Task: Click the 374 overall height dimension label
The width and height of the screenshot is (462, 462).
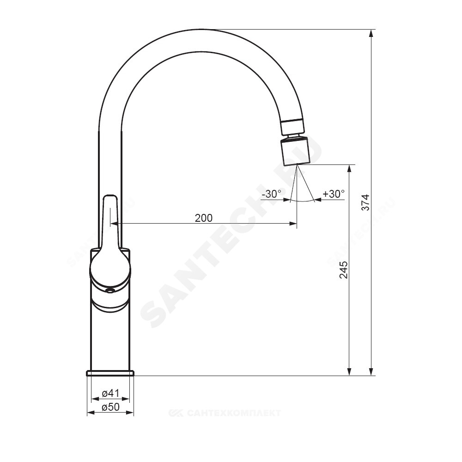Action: (x=365, y=202)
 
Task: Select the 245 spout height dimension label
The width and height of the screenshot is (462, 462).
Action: (x=344, y=270)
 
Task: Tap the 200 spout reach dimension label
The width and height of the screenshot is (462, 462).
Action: (x=204, y=218)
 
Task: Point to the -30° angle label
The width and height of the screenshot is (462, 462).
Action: (x=272, y=194)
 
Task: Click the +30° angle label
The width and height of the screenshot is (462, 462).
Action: (x=334, y=194)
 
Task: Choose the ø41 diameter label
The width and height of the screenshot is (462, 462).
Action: (x=110, y=393)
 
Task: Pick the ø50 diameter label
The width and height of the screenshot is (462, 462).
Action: (x=110, y=407)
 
